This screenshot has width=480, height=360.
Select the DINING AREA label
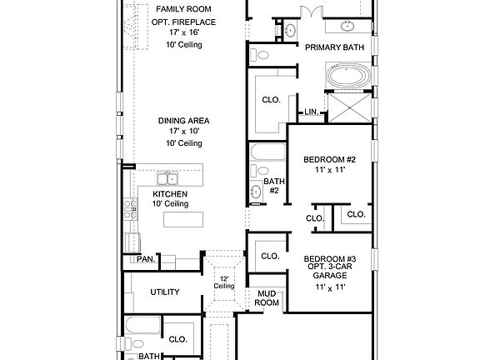click(x=183, y=121)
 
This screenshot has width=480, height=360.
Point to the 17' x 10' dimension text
click(x=183, y=132)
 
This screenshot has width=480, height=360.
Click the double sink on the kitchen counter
click(x=169, y=177)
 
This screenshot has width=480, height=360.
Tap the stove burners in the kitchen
click(x=129, y=207)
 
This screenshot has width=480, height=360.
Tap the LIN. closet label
click(x=312, y=112)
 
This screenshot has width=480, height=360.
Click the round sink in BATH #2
click(x=256, y=192)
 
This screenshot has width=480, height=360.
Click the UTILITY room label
click(x=164, y=292)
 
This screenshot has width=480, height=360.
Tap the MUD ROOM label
click(x=267, y=298)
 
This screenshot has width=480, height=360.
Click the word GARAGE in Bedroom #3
click(x=329, y=276)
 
